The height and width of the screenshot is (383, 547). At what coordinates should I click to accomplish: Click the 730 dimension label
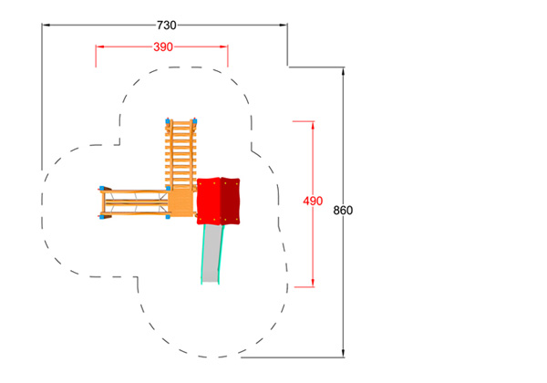(167, 26)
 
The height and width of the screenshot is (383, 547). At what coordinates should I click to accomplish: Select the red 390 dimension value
(163, 47)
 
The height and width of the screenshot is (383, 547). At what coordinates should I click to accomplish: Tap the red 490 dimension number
(313, 201)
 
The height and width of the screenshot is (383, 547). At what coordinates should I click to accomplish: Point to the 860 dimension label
(343, 211)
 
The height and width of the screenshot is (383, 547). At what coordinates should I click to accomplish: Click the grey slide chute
(212, 253)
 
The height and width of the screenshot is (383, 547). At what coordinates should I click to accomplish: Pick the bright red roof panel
(209, 202)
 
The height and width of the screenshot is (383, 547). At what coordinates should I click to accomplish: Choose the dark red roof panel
(231, 202)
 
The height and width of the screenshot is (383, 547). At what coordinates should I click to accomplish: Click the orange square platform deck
(181, 202)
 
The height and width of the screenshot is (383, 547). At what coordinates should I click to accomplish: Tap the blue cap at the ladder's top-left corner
(168, 121)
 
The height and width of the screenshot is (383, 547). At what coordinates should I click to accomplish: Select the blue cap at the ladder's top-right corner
(195, 121)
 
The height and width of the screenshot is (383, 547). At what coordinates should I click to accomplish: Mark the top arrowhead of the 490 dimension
(313, 125)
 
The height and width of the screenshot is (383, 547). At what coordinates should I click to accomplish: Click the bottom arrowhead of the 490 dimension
(313, 283)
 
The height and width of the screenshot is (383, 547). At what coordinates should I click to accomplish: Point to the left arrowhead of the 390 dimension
(100, 47)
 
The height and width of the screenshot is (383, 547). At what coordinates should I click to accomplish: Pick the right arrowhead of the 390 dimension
(223, 47)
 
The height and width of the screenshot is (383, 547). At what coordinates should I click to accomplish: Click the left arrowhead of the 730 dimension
(46, 26)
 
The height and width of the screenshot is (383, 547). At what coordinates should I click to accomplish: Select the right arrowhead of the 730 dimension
(284, 26)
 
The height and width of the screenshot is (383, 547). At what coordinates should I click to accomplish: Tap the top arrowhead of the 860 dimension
(344, 71)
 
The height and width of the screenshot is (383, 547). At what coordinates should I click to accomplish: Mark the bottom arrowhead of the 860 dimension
(344, 353)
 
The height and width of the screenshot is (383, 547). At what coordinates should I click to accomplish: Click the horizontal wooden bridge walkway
(134, 203)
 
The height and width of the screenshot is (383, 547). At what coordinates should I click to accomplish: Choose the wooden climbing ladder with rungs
(181, 155)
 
